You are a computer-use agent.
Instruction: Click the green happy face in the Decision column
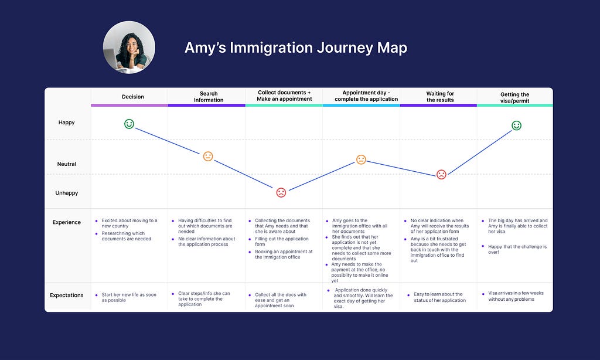point(129,124)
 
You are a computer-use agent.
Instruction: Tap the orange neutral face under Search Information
point(208,157)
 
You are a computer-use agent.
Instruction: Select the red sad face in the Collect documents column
point(281,192)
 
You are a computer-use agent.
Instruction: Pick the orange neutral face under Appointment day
point(361,159)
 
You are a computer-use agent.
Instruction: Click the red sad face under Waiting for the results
point(441,174)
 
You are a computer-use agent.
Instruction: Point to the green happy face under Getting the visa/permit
point(517,125)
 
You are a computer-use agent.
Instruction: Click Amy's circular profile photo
point(129,47)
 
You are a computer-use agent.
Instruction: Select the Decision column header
point(133,97)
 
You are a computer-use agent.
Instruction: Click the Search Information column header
point(209,97)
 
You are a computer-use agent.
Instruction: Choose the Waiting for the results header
point(440,97)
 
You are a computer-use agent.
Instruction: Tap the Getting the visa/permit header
point(514,97)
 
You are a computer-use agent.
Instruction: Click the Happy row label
point(67,123)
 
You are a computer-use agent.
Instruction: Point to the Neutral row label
point(67,164)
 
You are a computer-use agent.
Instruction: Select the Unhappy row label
point(67,193)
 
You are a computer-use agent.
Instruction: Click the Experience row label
point(67,222)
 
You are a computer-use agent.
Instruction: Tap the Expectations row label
point(67,296)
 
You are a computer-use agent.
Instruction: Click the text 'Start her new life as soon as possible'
point(129,297)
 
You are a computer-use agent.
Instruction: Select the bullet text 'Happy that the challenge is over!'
point(517,249)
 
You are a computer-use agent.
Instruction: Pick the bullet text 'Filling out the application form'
point(282,242)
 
